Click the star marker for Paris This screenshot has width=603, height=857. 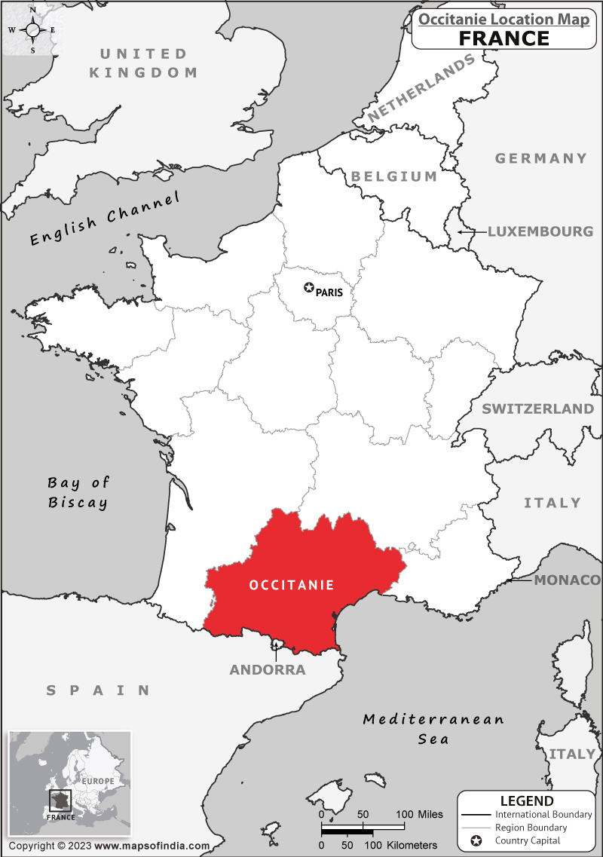[x=308, y=287]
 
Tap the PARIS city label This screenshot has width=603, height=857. [x=329, y=292]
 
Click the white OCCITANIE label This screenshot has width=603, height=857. [x=291, y=584]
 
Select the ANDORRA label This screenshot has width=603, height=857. [x=268, y=670]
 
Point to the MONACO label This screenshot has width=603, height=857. [x=567, y=580]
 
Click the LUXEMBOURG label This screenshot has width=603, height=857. [x=540, y=231]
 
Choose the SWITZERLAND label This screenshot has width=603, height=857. [x=537, y=409]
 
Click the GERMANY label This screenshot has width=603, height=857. [x=540, y=158]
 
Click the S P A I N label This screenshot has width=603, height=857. [x=98, y=690]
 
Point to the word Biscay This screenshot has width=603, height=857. [x=78, y=503]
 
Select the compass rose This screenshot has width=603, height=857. [x=32, y=29]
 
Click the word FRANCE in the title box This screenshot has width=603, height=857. [x=504, y=38]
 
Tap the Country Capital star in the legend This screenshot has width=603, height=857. [x=476, y=840]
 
